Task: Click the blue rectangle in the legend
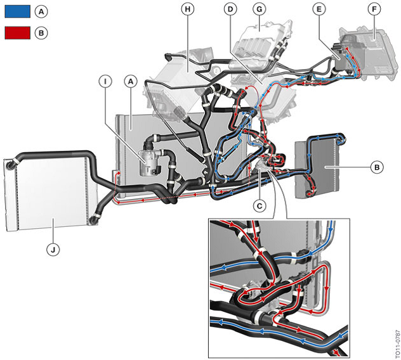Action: click(x=17, y=11)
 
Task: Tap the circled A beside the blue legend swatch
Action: click(x=42, y=11)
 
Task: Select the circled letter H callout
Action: click(x=186, y=9)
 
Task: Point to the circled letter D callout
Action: click(x=230, y=9)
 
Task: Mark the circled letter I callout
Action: click(x=106, y=81)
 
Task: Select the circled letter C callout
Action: click(x=258, y=205)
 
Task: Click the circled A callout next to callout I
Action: click(x=131, y=81)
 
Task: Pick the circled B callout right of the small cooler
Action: click(x=377, y=168)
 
